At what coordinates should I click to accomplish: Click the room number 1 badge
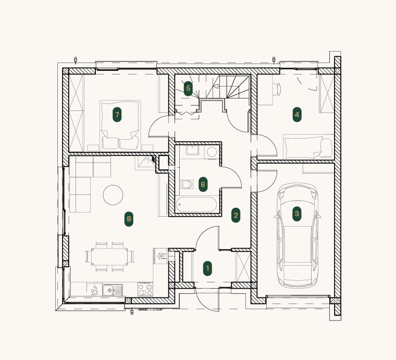(207, 268)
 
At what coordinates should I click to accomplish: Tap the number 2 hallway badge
(236, 215)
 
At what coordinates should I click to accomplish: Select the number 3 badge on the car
(297, 214)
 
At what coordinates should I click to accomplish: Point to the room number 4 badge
(297, 115)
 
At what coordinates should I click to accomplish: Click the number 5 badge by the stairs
(188, 89)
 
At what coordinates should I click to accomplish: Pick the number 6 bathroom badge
(203, 184)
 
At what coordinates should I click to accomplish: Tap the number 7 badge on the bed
(117, 115)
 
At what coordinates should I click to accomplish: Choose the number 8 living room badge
(129, 219)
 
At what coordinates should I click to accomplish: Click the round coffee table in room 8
(113, 195)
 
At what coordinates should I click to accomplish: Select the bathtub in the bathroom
(196, 205)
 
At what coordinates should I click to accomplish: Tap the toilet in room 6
(187, 184)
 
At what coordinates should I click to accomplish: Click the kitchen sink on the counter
(113, 290)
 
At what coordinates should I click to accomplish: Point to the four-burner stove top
(145, 289)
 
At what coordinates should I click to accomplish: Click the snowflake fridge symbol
(161, 256)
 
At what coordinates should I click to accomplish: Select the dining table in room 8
(109, 256)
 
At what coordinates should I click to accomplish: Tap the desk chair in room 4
(277, 90)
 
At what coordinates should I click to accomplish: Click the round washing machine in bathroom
(212, 152)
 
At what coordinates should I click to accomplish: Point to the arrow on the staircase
(216, 86)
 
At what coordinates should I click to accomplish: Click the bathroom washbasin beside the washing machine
(192, 151)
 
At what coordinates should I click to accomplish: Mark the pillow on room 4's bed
(327, 148)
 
